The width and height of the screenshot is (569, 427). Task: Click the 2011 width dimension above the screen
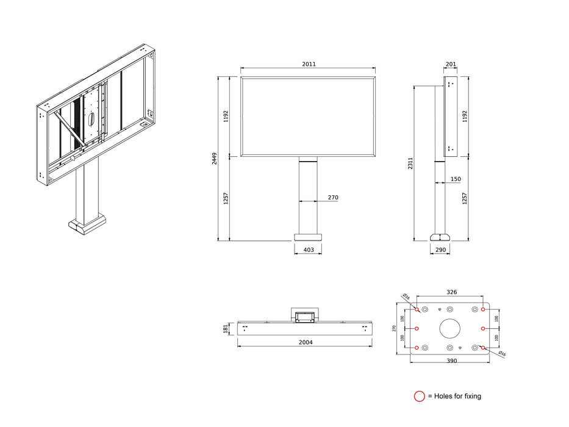tap(309, 64)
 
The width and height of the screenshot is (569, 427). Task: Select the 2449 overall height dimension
tap(215, 159)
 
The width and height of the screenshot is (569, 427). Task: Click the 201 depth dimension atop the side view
tap(451, 64)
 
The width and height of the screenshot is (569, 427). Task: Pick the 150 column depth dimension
tap(456, 179)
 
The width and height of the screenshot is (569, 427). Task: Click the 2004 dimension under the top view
tap(305, 342)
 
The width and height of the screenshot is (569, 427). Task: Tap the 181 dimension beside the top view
tap(225, 329)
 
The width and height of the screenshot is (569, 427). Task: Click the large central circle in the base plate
tap(450, 329)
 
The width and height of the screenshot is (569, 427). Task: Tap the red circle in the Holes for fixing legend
tap(419, 396)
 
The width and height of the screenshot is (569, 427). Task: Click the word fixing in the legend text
tap(471, 396)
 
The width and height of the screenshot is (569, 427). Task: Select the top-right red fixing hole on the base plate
tap(483, 309)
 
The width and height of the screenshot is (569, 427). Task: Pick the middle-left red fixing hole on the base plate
tap(417, 328)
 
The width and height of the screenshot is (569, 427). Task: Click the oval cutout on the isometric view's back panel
tap(91, 119)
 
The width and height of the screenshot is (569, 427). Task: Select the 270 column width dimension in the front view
tap(332, 198)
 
